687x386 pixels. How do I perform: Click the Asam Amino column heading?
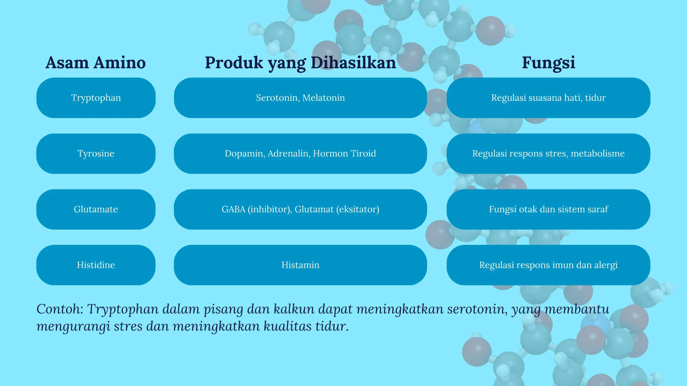pos(96,63)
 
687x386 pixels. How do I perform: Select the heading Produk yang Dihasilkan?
pos(300,63)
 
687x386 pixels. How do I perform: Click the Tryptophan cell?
pos(96,98)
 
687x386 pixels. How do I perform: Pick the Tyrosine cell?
pos(96,154)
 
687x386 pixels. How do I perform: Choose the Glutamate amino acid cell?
pos(96,209)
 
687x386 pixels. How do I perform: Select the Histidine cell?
pos(96,265)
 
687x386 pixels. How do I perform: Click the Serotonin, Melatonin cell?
pos(300,98)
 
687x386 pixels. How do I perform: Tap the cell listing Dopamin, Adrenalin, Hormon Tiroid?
pos(300,154)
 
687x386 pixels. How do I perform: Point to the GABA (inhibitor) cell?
pos(300,209)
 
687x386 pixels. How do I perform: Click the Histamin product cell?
pos(300,265)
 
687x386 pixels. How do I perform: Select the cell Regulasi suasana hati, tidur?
pos(549,98)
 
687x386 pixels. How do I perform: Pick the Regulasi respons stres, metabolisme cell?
pos(549,154)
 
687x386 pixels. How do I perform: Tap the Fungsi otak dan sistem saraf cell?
pos(549,209)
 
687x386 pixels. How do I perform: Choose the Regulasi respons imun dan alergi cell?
pos(549,265)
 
